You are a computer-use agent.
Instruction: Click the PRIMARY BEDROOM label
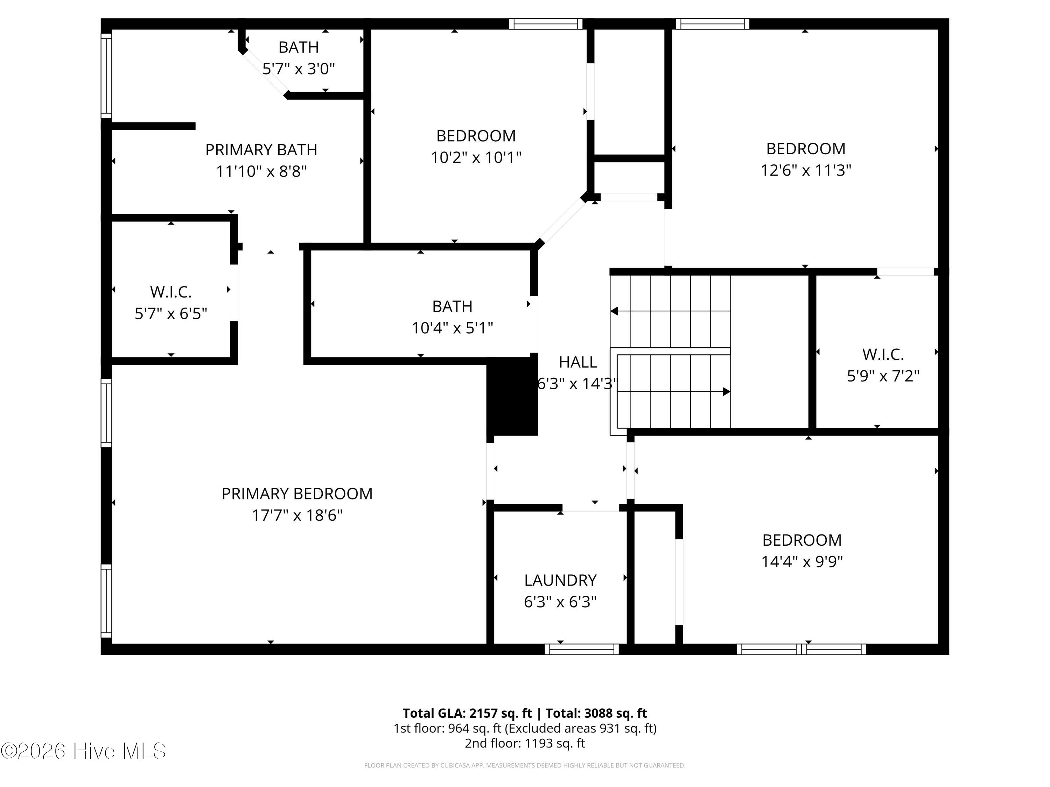(x=297, y=494)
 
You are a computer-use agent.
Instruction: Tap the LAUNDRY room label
(x=560, y=580)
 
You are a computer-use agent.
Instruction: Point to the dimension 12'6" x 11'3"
(x=806, y=170)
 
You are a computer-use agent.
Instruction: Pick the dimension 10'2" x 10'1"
(x=476, y=157)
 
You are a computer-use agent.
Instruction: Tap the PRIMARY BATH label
(x=261, y=150)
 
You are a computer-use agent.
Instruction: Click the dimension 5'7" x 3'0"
(x=299, y=69)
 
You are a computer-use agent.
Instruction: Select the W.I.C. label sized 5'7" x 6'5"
(x=171, y=292)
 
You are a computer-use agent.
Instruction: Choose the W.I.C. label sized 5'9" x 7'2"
(x=883, y=354)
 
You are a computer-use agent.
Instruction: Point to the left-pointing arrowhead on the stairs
(x=614, y=311)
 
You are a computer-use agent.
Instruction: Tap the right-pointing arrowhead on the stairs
(x=726, y=392)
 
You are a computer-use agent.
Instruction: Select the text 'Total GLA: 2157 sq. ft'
(x=467, y=713)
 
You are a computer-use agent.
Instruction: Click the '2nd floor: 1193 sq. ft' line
(x=525, y=743)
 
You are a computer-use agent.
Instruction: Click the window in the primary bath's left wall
(x=106, y=76)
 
